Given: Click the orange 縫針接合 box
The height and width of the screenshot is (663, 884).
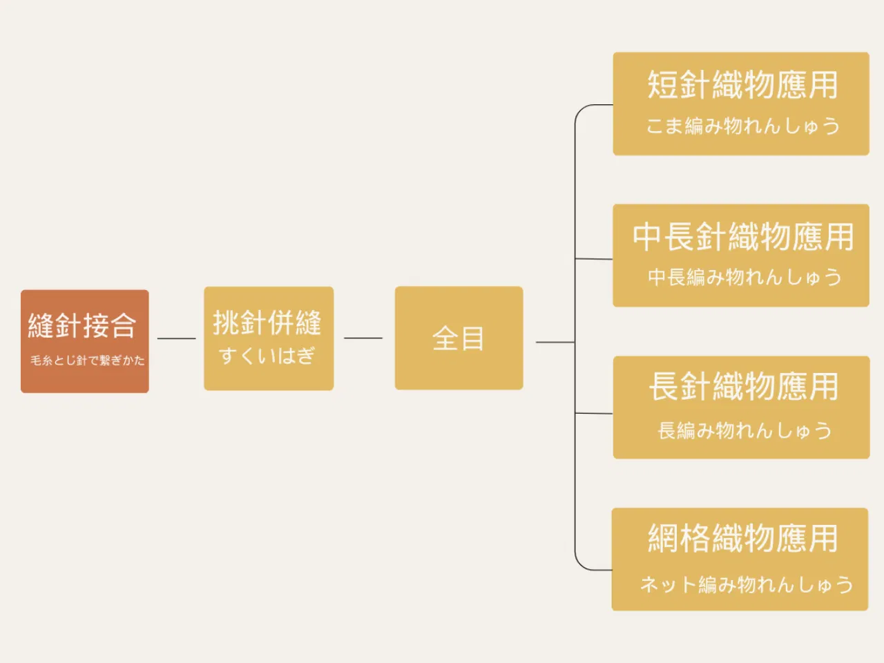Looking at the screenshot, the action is pyautogui.click(x=84, y=341).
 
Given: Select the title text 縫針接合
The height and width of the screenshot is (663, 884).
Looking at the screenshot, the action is pyautogui.click(x=82, y=326).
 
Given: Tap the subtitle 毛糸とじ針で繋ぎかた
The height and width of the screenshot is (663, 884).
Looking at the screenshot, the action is pyautogui.click(x=88, y=361).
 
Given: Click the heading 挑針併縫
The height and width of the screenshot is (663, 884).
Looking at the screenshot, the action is pyautogui.click(x=267, y=323).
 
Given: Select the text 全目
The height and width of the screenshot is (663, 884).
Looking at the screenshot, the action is pyautogui.click(x=459, y=338).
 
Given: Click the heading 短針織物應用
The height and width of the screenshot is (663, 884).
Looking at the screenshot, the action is pyautogui.click(x=743, y=84).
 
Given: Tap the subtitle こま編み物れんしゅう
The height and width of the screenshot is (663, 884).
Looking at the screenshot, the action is pyautogui.click(x=743, y=126).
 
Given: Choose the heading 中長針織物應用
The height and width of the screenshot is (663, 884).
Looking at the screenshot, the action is pyautogui.click(x=743, y=237).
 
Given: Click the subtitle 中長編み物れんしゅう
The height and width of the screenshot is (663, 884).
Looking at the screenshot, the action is pyautogui.click(x=744, y=278).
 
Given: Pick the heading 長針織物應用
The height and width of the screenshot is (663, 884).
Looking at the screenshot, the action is pyautogui.click(x=744, y=387).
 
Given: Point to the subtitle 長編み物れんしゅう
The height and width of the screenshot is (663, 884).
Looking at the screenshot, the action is pyautogui.click(x=744, y=430).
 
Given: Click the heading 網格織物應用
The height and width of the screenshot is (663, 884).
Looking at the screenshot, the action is pyautogui.click(x=743, y=539).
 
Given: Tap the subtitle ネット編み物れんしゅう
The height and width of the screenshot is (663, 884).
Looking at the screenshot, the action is pyautogui.click(x=747, y=584).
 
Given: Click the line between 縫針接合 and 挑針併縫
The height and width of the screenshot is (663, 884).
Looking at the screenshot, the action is pyautogui.click(x=176, y=338).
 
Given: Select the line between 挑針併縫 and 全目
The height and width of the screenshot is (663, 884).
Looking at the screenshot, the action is pyautogui.click(x=363, y=338).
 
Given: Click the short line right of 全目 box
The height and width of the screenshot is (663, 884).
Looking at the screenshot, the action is pyautogui.click(x=555, y=342).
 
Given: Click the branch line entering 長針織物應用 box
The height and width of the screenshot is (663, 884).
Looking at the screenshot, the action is pyautogui.click(x=594, y=414).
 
